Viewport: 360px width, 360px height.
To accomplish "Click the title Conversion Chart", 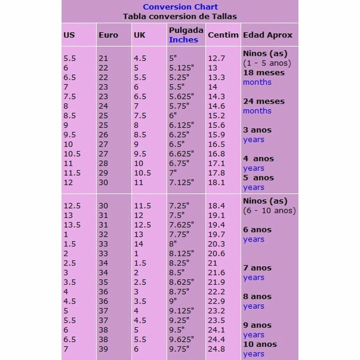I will click(180, 7).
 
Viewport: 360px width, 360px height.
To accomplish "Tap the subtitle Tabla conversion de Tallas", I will click(180, 16).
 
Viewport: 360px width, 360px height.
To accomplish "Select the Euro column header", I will click(108, 35).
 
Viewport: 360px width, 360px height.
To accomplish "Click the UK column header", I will click(139, 35).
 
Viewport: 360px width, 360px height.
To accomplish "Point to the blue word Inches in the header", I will click(183, 40).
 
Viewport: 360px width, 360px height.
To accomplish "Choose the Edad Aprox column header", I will click(268, 35).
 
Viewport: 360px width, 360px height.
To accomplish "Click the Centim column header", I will click(223, 35).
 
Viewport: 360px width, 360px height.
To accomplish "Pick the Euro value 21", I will click(103, 58).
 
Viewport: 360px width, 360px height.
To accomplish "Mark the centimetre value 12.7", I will click(216, 58).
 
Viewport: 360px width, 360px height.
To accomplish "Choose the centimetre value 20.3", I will click(216, 244).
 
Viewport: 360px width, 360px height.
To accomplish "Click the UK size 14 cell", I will click(138, 244).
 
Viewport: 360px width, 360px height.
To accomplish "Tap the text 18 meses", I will click(264, 73).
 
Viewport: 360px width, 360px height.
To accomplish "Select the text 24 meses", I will click(264, 102).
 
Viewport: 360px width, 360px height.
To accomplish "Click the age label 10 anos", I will click(260, 344).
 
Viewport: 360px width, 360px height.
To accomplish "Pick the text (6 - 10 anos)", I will click(269, 210).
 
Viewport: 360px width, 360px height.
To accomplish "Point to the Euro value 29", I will click(103, 173).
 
